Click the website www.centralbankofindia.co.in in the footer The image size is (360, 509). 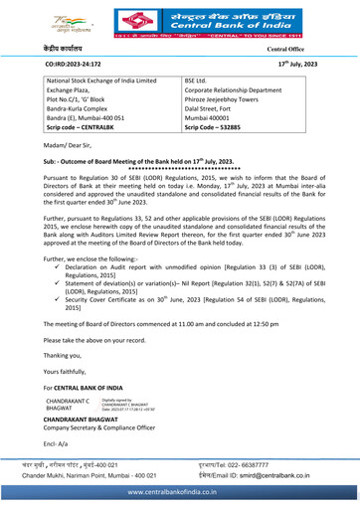tap(180, 500)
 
